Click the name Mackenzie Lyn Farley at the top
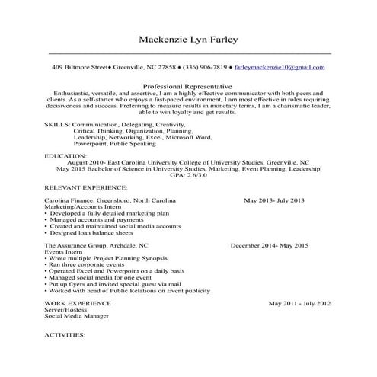pos(189,39)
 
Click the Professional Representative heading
pos(187,86)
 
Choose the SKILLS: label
pos(58,123)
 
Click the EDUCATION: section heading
pos(65,155)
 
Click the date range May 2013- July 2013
pos(273,200)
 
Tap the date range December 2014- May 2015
pos(269,246)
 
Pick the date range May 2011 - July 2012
pos(299,303)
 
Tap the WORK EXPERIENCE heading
pos(78,303)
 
